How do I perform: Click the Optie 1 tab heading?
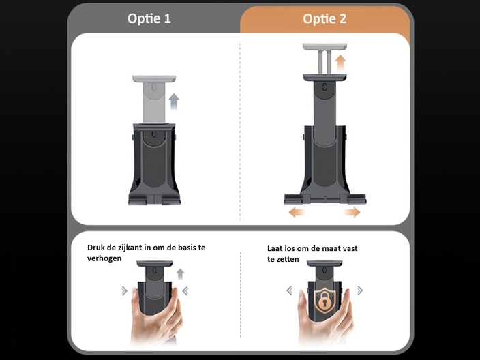pyautogui.click(x=149, y=18)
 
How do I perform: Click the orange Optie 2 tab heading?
pyautogui.click(x=325, y=19)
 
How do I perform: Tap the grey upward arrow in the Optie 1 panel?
pyautogui.click(x=174, y=102)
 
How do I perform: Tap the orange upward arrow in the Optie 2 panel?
pyautogui.click(x=340, y=63)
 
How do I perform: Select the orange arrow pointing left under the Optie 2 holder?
pyautogui.click(x=297, y=212)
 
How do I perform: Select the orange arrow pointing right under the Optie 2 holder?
pyautogui.click(x=352, y=212)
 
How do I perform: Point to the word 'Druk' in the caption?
pyautogui.click(x=94, y=247)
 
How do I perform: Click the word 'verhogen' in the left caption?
pyautogui.click(x=104, y=258)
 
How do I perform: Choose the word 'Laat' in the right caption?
pyautogui.click(x=274, y=248)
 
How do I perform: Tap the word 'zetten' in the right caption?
pyautogui.click(x=287, y=259)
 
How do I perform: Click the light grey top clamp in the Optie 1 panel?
pyautogui.click(x=154, y=78)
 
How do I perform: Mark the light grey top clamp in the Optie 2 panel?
pyautogui.click(x=325, y=47)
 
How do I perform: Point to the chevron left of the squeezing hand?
pyautogui.click(x=124, y=291)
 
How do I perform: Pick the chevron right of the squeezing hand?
pyautogui.click(x=185, y=291)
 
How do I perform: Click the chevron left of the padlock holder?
pyautogui.click(x=289, y=290)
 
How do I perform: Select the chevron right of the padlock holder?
pyautogui.click(x=360, y=290)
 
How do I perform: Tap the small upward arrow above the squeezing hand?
pyautogui.click(x=180, y=274)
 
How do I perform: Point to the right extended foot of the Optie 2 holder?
pyautogui.click(x=357, y=199)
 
